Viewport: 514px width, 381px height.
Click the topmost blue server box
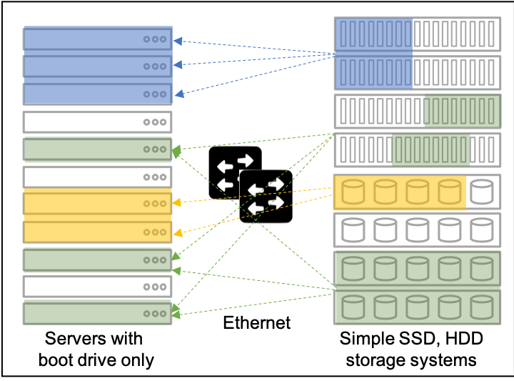pyautogui.click(x=98, y=39)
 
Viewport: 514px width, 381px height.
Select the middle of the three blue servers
pyautogui.click(x=98, y=66)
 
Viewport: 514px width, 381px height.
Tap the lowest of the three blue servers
pyautogui.click(x=98, y=94)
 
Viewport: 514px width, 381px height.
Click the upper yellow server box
pyautogui.click(x=98, y=203)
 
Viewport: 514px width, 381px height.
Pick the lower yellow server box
pyautogui.click(x=98, y=232)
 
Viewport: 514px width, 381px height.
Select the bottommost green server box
pyautogui.click(x=98, y=313)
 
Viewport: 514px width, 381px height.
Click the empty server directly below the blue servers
pyautogui.click(x=98, y=122)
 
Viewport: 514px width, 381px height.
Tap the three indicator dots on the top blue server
pyautogui.click(x=155, y=39)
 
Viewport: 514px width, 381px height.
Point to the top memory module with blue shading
pyautogui.click(x=417, y=34)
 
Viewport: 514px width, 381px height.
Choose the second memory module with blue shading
pyautogui.click(x=417, y=73)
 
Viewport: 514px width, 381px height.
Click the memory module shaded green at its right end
pyautogui.click(x=417, y=112)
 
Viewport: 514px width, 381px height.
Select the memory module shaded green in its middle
pyautogui.click(x=417, y=150)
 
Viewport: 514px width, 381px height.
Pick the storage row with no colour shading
pyautogui.click(x=417, y=230)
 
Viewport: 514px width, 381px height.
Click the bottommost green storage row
pyautogui.click(x=417, y=307)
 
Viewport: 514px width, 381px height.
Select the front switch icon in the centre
pyautogui.click(x=266, y=197)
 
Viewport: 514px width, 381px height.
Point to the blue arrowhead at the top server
pyautogui.click(x=178, y=41)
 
